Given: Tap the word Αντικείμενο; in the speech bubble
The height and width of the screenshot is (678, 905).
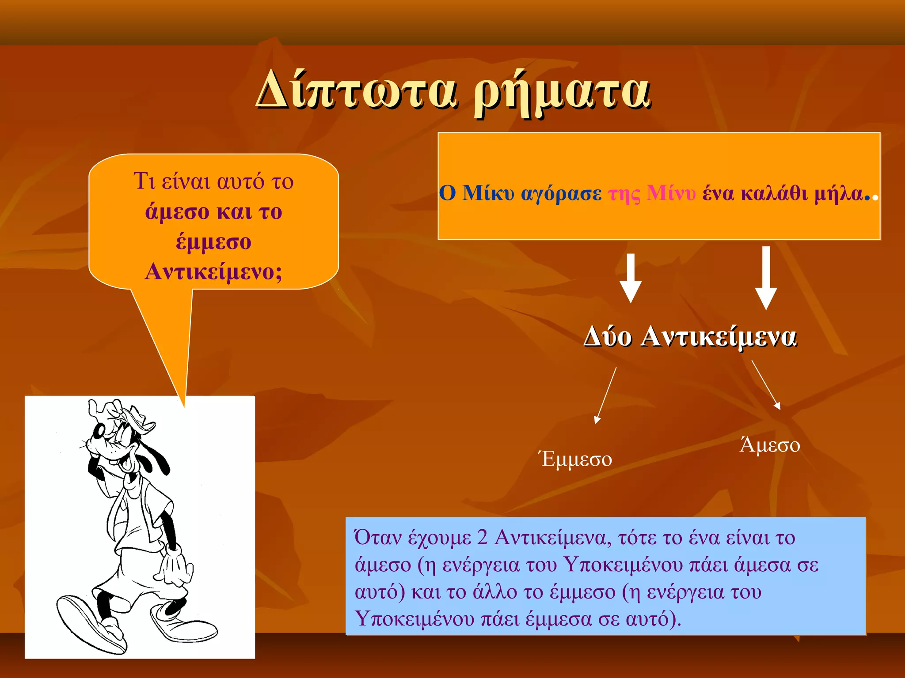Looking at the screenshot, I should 213,271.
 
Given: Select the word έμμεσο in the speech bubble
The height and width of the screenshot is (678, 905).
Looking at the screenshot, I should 213,242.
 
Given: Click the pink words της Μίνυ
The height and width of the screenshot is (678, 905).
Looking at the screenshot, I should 652,193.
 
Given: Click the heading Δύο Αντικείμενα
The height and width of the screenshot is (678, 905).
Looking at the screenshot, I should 690,337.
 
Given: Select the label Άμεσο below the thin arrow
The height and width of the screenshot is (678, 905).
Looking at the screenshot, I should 770,445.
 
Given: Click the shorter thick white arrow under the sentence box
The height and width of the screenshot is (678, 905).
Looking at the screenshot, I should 631,278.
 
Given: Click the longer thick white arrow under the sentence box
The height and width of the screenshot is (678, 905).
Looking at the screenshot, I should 766,278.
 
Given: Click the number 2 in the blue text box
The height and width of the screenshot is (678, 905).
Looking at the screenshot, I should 482,538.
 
